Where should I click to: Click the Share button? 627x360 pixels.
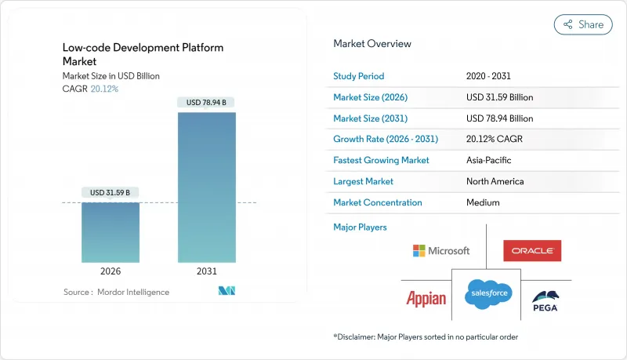pos(583,24)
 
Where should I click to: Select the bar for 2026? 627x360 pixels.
pos(111,232)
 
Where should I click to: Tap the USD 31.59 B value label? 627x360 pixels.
pos(111,193)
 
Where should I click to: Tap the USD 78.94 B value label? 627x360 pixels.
pos(206,103)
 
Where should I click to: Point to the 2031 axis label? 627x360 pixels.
pos(206,271)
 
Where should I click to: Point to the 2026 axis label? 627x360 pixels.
pos(111,271)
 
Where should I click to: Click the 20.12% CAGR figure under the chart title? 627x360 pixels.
pos(104,89)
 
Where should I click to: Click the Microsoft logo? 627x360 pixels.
pos(441,251)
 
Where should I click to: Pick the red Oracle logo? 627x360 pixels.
pos(532,251)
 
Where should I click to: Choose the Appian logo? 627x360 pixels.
pos(426,298)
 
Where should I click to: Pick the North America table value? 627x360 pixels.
pos(495,181)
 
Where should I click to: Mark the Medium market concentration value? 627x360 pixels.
pos(482,202)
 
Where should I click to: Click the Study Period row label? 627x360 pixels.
pos(359,76)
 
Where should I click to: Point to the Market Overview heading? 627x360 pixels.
pos(372,44)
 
